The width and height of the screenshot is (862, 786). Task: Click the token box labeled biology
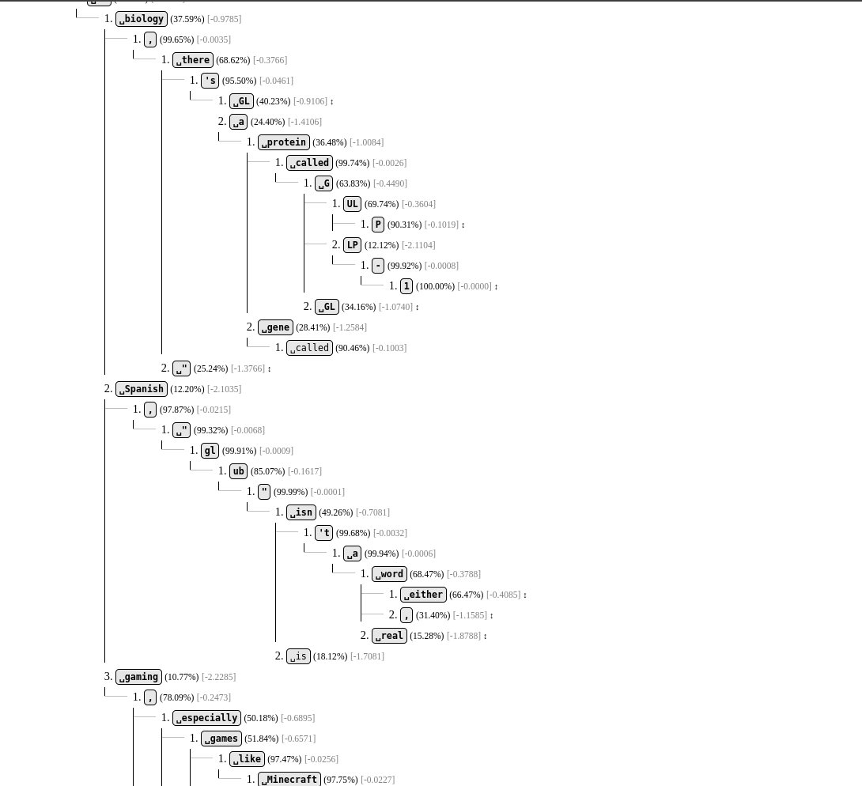tap(142, 19)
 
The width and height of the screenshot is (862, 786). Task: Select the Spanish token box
tap(142, 389)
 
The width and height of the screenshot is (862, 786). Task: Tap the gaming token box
tap(139, 677)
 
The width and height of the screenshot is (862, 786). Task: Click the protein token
tap(284, 142)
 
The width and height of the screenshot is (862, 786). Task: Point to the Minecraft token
tap(289, 780)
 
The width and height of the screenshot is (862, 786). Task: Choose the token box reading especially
tap(206, 718)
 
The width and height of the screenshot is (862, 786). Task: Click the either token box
tap(422, 595)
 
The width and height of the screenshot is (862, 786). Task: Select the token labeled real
tap(389, 636)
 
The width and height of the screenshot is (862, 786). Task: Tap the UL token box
tap(352, 204)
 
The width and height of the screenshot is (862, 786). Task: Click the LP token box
tap(352, 245)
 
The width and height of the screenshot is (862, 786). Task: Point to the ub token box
tap(238, 471)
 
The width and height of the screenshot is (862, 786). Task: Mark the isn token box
tap(301, 512)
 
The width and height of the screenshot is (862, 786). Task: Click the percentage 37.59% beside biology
tap(187, 19)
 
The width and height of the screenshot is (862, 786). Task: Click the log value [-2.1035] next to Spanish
tap(225, 389)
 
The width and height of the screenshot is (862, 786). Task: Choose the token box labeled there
tap(193, 60)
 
